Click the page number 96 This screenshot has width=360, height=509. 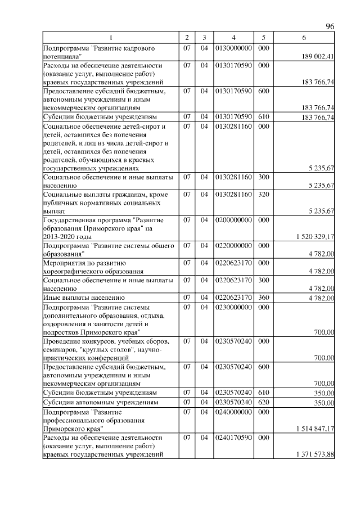tap(330, 26)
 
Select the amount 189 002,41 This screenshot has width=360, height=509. tap(318, 56)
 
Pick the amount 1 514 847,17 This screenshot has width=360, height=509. tap(315, 429)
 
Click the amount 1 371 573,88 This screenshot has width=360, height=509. tap(315, 454)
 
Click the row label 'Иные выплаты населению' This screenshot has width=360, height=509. tap(84, 297)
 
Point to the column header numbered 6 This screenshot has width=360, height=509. tap(304, 37)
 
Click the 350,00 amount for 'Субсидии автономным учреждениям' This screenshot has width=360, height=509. tap(324, 403)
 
